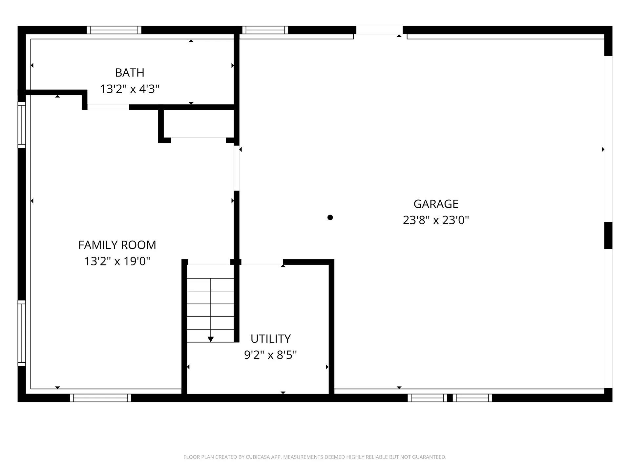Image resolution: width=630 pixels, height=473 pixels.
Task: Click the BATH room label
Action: pyautogui.click(x=130, y=73)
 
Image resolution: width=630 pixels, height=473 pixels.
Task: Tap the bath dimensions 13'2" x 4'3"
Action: pyautogui.click(x=130, y=89)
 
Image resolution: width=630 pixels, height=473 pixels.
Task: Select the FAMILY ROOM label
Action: pyautogui.click(x=117, y=245)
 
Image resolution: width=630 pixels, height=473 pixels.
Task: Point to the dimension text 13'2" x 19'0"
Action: pyautogui.click(x=117, y=261)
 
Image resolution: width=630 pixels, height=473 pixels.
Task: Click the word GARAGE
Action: pyautogui.click(x=436, y=204)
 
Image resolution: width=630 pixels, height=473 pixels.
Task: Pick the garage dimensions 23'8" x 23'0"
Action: pyautogui.click(x=436, y=220)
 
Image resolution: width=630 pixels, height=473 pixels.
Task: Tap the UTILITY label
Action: pyautogui.click(x=271, y=339)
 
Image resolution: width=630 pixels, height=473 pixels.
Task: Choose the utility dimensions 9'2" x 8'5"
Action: pyautogui.click(x=270, y=355)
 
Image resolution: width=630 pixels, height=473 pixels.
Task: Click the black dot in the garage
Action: pyautogui.click(x=330, y=217)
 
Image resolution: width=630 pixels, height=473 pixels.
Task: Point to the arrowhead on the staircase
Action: pyautogui.click(x=211, y=339)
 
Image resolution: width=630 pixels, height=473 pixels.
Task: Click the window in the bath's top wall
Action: pyautogui.click(x=114, y=30)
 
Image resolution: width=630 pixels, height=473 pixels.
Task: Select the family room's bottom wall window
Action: pyautogui.click(x=100, y=398)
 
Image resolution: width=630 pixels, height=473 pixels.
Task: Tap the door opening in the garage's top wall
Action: pyautogui.click(x=380, y=30)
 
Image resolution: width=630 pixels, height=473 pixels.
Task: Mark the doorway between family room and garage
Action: pyautogui.click(x=237, y=168)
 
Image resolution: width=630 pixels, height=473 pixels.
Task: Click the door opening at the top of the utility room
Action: pyautogui.click(x=262, y=262)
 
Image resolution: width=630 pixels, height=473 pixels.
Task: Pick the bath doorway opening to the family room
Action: pyautogui.click(x=108, y=107)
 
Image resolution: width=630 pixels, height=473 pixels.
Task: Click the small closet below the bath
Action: pyautogui.click(x=199, y=124)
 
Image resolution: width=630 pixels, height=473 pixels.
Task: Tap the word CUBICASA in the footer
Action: pyautogui.click(x=258, y=457)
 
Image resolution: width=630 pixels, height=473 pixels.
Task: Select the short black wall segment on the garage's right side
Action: pyautogui.click(x=608, y=236)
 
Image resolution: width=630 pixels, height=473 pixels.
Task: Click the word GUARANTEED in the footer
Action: pyautogui.click(x=428, y=457)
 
